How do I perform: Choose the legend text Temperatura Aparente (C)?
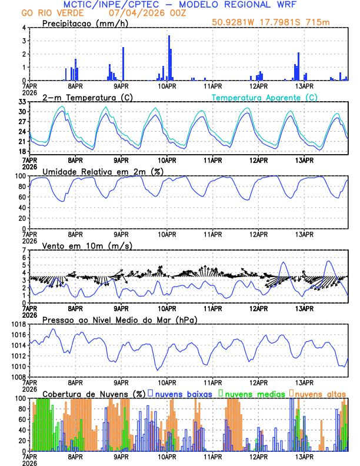(x=265, y=97)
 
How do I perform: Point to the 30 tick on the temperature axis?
(x=22, y=112)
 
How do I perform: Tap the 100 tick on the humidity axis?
(x=20, y=176)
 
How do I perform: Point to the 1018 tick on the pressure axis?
(x=18, y=324)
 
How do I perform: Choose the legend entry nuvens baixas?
(x=183, y=393)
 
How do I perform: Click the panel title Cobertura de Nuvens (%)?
(x=94, y=394)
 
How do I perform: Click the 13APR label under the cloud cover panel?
(x=304, y=456)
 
